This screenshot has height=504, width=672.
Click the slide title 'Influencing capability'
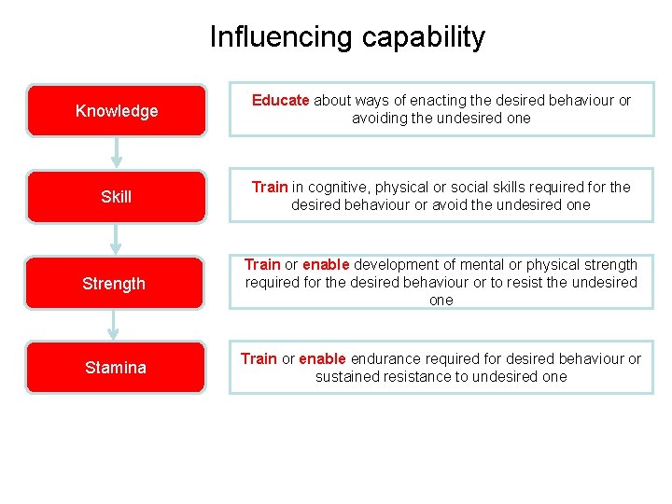coord(347,36)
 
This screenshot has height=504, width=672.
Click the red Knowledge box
coord(116,111)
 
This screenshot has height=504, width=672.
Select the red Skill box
coord(116,197)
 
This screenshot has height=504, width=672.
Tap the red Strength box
coord(114,283)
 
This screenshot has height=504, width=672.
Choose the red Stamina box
coord(116,368)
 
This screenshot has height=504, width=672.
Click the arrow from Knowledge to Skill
coord(116,154)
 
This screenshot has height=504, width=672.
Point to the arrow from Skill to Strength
coord(116,240)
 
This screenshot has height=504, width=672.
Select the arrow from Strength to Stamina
coord(114,325)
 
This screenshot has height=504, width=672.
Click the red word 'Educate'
coord(281,101)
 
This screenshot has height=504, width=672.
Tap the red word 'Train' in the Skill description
coord(270,187)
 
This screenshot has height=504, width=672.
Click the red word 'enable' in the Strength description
coord(325,265)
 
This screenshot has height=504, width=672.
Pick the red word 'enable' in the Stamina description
coord(322,358)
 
